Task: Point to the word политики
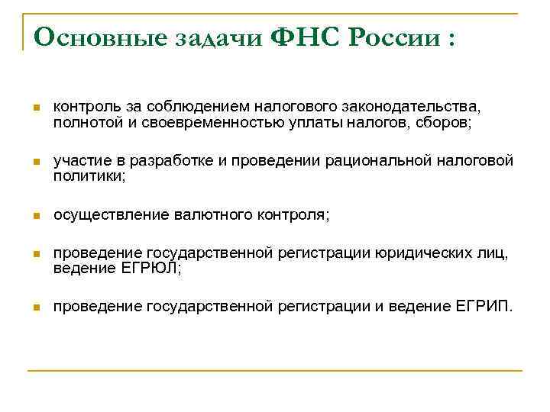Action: [87, 175]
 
